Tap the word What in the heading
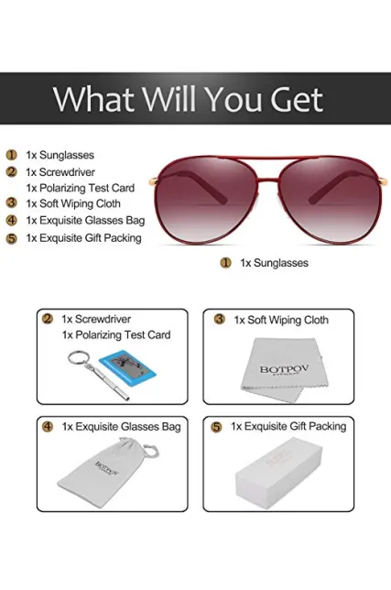tap(93, 99)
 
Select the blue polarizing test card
tap(127, 368)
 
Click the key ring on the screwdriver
tap(79, 358)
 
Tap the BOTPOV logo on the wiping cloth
tap(284, 369)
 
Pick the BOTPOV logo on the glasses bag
tap(107, 468)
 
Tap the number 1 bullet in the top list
tap(12, 155)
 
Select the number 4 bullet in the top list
tap(12, 220)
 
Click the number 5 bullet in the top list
tap(12, 238)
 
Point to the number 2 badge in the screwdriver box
tap(48, 319)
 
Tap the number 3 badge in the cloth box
tap(219, 320)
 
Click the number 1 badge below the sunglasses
tap(225, 263)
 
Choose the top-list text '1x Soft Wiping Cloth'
tap(73, 203)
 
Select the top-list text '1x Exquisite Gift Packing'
tap(84, 238)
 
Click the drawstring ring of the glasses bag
tap(151, 451)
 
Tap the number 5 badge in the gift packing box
tap(216, 427)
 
